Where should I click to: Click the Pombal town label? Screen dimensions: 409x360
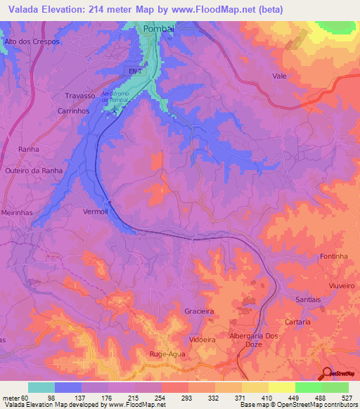point(157,29)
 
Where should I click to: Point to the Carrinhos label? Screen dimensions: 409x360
point(73,111)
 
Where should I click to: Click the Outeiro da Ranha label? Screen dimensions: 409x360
point(34,171)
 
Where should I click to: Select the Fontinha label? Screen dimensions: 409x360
point(335,257)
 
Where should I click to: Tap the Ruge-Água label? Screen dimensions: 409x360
point(167,354)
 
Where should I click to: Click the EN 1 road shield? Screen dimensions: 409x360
point(136,71)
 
